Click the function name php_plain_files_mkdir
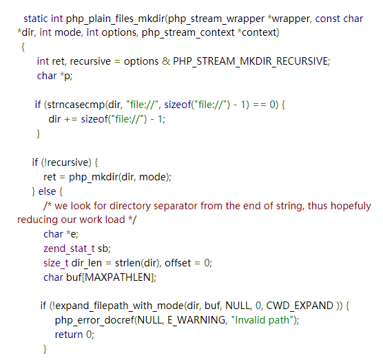(115, 19)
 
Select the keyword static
(36, 19)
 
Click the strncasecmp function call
(76, 105)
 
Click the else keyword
(47, 191)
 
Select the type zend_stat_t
(69, 248)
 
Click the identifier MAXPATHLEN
(118, 277)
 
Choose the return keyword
(69, 335)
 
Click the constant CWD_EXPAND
(300, 306)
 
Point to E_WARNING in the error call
(196, 320)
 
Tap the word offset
(178, 263)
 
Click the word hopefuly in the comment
(351, 206)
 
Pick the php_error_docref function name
(94, 320)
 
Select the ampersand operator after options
(166, 61)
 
